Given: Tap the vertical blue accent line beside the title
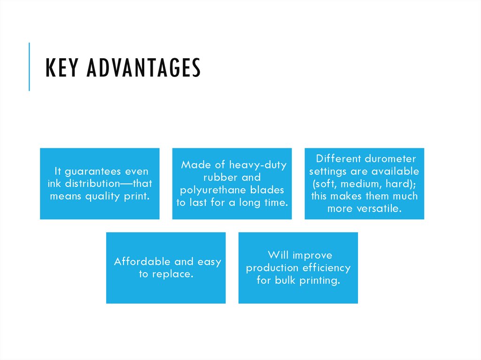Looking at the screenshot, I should coord(29,66).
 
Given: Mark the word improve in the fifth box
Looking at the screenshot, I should coord(312,255).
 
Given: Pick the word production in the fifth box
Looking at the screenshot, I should coord(272,268).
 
